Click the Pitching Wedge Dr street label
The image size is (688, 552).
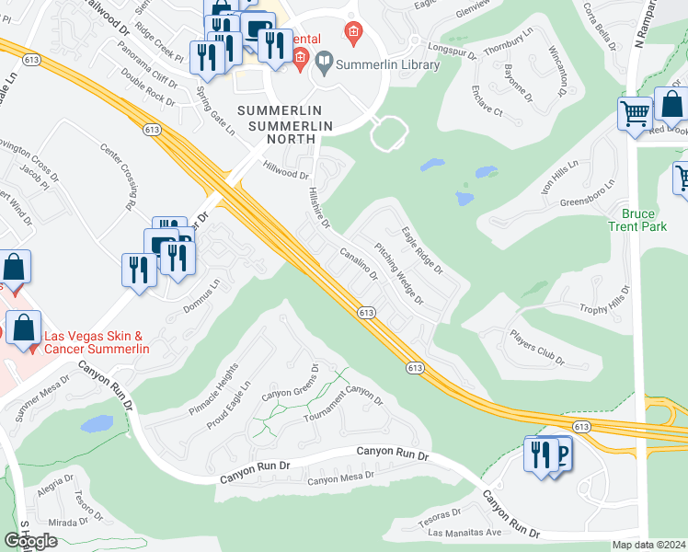pos(398,273)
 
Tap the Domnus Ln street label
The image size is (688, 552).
pos(204,301)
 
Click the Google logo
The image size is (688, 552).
pos(31,541)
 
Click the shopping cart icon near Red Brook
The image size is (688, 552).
pos(635,115)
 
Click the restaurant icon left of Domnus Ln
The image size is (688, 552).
pos(138,270)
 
